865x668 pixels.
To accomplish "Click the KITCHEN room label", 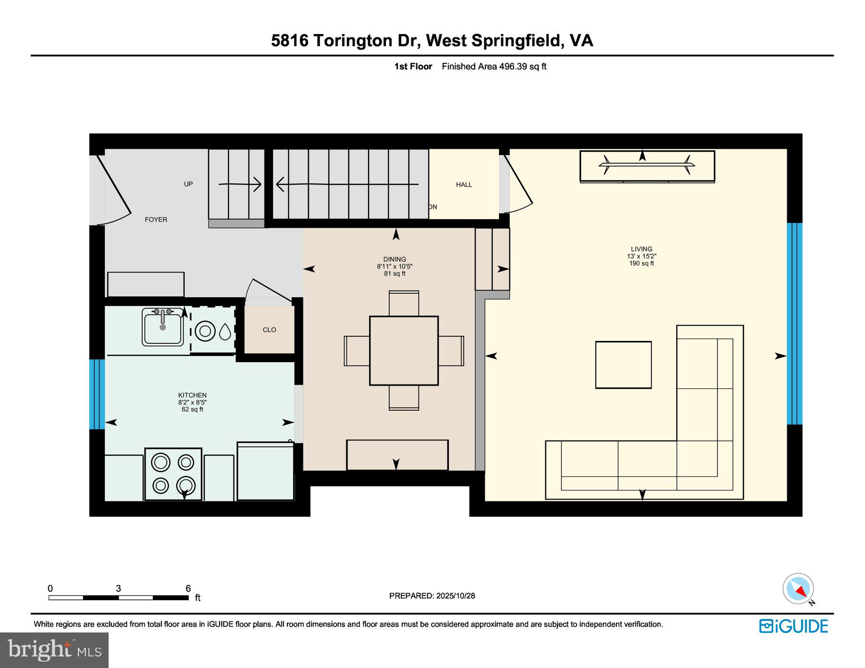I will point(192,395).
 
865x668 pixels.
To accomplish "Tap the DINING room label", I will point(395,259).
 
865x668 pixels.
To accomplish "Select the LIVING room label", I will point(642,249).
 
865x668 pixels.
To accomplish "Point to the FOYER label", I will point(156,219).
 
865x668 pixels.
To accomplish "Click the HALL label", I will point(464,184).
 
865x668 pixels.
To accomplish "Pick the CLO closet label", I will point(269,330).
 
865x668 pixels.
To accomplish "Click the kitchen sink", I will point(163,327).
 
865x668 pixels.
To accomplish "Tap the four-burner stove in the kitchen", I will point(173,474).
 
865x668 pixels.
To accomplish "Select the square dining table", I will point(404,351).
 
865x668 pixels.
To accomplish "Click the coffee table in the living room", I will point(623,364).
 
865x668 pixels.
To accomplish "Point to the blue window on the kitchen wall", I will point(97,394).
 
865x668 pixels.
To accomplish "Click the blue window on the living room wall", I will point(794,324).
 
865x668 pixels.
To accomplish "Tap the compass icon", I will point(798,589).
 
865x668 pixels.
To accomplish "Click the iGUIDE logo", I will point(793,626).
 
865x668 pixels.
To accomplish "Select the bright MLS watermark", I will point(54,650).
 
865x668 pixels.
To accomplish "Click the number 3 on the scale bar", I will point(118,588).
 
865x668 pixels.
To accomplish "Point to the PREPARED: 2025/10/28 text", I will point(432,595).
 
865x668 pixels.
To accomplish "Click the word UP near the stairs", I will point(188,184).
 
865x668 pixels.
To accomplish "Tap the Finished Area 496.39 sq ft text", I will point(494,67).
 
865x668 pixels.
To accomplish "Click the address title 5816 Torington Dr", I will point(346,40).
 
